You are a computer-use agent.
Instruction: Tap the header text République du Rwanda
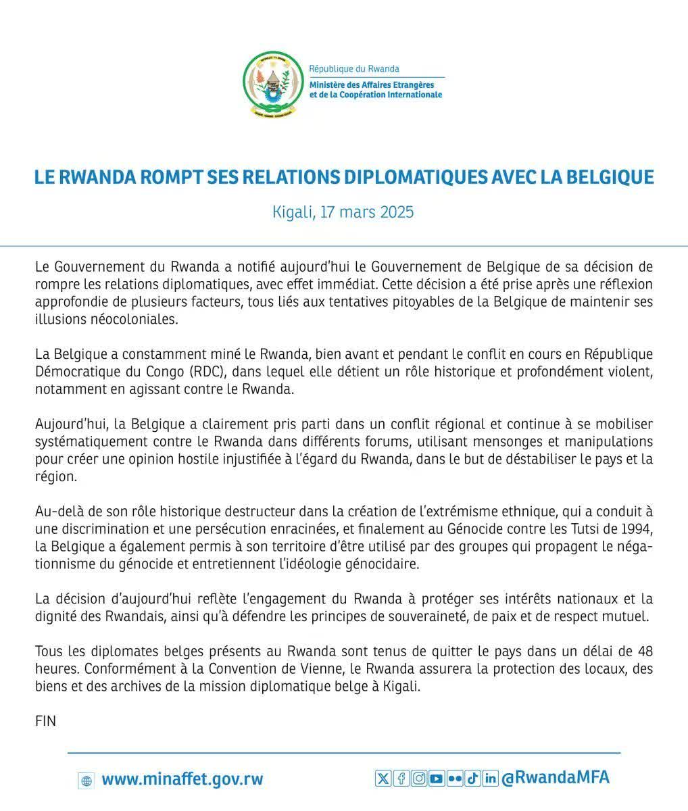pyautogui.click(x=353, y=68)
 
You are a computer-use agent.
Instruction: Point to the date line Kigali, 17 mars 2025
pyautogui.click(x=343, y=212)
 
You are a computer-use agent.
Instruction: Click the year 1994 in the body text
pyautogui.click(x=639, y=529)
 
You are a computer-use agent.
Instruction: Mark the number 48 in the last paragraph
pyautogui.click(x=644, y=652)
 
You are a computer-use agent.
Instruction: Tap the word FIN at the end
pyautogui.click(x=45, y=721)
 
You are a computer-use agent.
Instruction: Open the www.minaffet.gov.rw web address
pyautogui.click(x=182, y=779)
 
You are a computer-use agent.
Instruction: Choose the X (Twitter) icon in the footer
pyautogui.click(x=383, y=779)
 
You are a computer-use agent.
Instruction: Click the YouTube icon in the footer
pyautogui.click(x=437, y=779)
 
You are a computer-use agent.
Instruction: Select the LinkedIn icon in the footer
pyautogui.click(x=491, y=779)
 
